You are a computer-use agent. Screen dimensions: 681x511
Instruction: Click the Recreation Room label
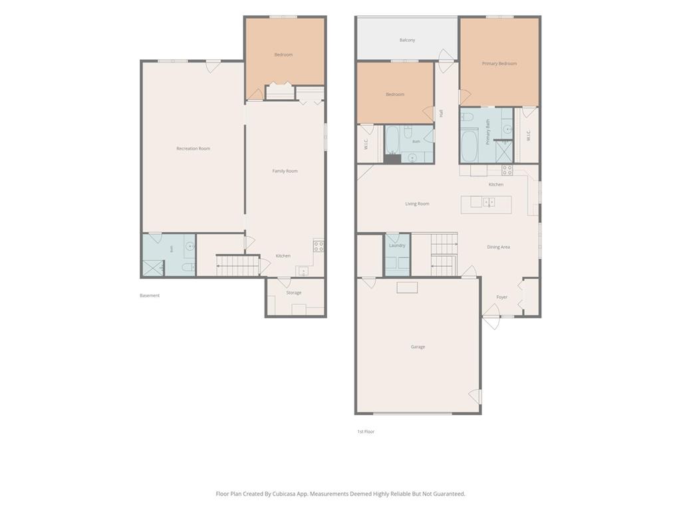tap(194, 148)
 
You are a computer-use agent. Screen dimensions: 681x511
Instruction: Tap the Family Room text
tap(285, 171)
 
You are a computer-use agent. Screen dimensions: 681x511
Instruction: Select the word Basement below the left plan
tap(150, 295)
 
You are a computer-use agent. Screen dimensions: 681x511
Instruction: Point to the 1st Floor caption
tap(366, 431)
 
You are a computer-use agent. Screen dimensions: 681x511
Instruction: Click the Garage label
tap(418, 347)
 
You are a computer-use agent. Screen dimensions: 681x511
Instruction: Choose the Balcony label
tap(407, 40)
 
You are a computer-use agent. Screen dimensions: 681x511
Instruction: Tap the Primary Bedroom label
tap(499, 63)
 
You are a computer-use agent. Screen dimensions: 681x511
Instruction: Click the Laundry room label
tap(397, 246)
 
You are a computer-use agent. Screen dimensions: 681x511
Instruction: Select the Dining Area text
tap(498, 248)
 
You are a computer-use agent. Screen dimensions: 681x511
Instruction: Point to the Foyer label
tap(501, 297)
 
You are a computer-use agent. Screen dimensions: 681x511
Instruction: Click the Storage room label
tap(293, 293)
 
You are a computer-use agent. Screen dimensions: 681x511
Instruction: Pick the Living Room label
tap(417, 204)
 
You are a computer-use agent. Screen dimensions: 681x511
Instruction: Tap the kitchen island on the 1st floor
tap(486, 205)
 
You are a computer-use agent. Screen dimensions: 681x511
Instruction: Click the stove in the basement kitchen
tap(319, 246)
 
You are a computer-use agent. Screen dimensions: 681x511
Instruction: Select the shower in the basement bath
tap(154, 267)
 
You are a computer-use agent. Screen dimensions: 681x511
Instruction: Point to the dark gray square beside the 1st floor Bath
tap(392, 158)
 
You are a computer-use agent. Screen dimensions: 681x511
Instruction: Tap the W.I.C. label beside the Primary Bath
tap(528, 135)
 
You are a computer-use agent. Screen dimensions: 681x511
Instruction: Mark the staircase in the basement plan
tap(238, 265)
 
